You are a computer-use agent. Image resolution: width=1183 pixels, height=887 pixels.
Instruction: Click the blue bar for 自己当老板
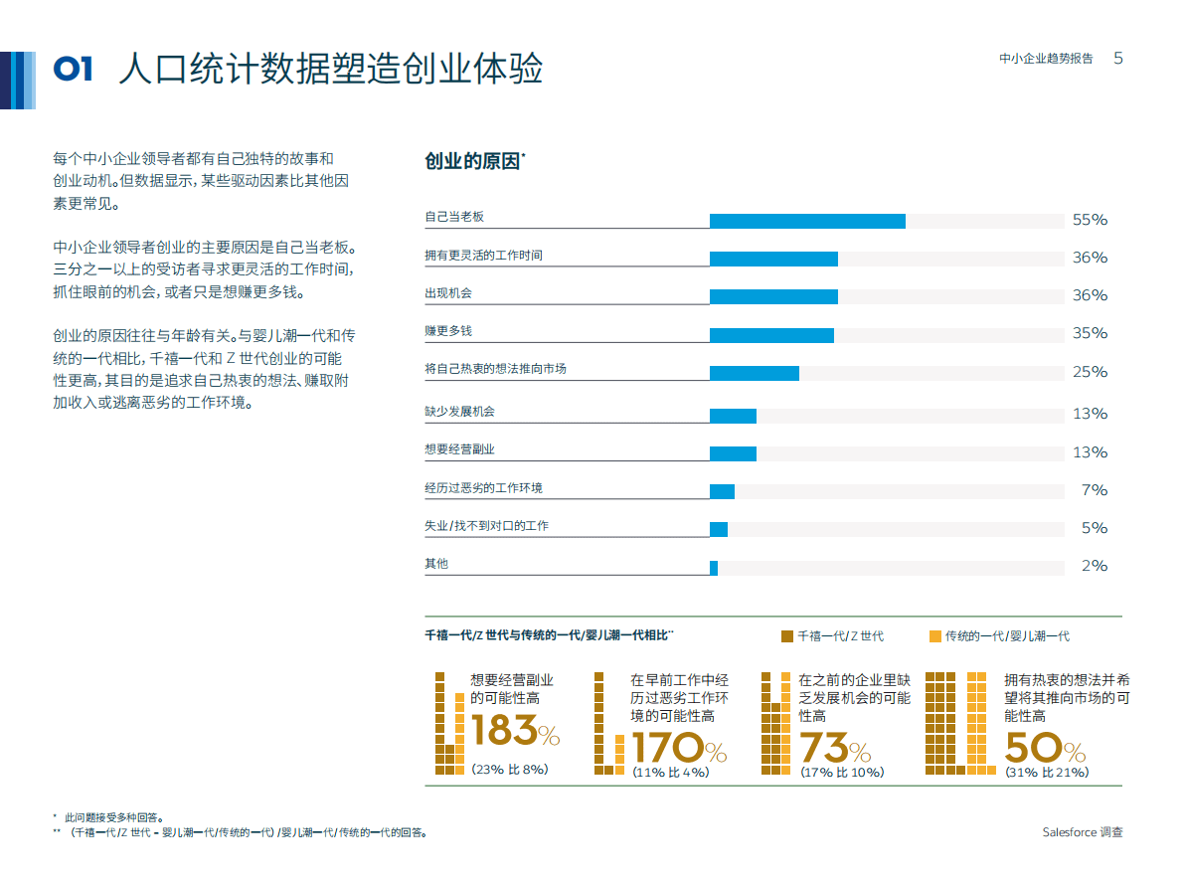(807, 221)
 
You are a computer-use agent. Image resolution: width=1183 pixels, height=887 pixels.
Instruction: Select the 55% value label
(1090, 220)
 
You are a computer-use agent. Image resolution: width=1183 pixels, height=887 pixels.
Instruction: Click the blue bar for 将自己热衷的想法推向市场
(754, 373)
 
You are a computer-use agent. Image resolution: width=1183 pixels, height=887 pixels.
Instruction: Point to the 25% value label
(1090, 372)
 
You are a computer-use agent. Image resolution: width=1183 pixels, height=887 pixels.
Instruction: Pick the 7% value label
(1094, 490)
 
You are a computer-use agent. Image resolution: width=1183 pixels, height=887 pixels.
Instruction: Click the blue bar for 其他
(714, 568)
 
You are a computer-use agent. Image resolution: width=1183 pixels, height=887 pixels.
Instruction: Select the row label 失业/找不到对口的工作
(486, 525)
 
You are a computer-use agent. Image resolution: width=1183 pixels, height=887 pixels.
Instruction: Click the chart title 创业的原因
(473, 161)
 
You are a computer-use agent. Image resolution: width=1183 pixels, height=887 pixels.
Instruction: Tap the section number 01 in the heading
(74, 69)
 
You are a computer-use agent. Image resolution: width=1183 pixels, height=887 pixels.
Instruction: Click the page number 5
(1118, 59)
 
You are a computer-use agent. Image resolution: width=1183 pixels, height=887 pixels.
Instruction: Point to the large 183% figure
(514, 733)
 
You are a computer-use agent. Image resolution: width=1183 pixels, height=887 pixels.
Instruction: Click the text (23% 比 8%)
(509, 770)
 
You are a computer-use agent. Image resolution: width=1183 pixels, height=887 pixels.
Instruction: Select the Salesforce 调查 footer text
(1083, 832)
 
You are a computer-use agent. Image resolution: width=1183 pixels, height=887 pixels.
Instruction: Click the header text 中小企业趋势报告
(1046, 60)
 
